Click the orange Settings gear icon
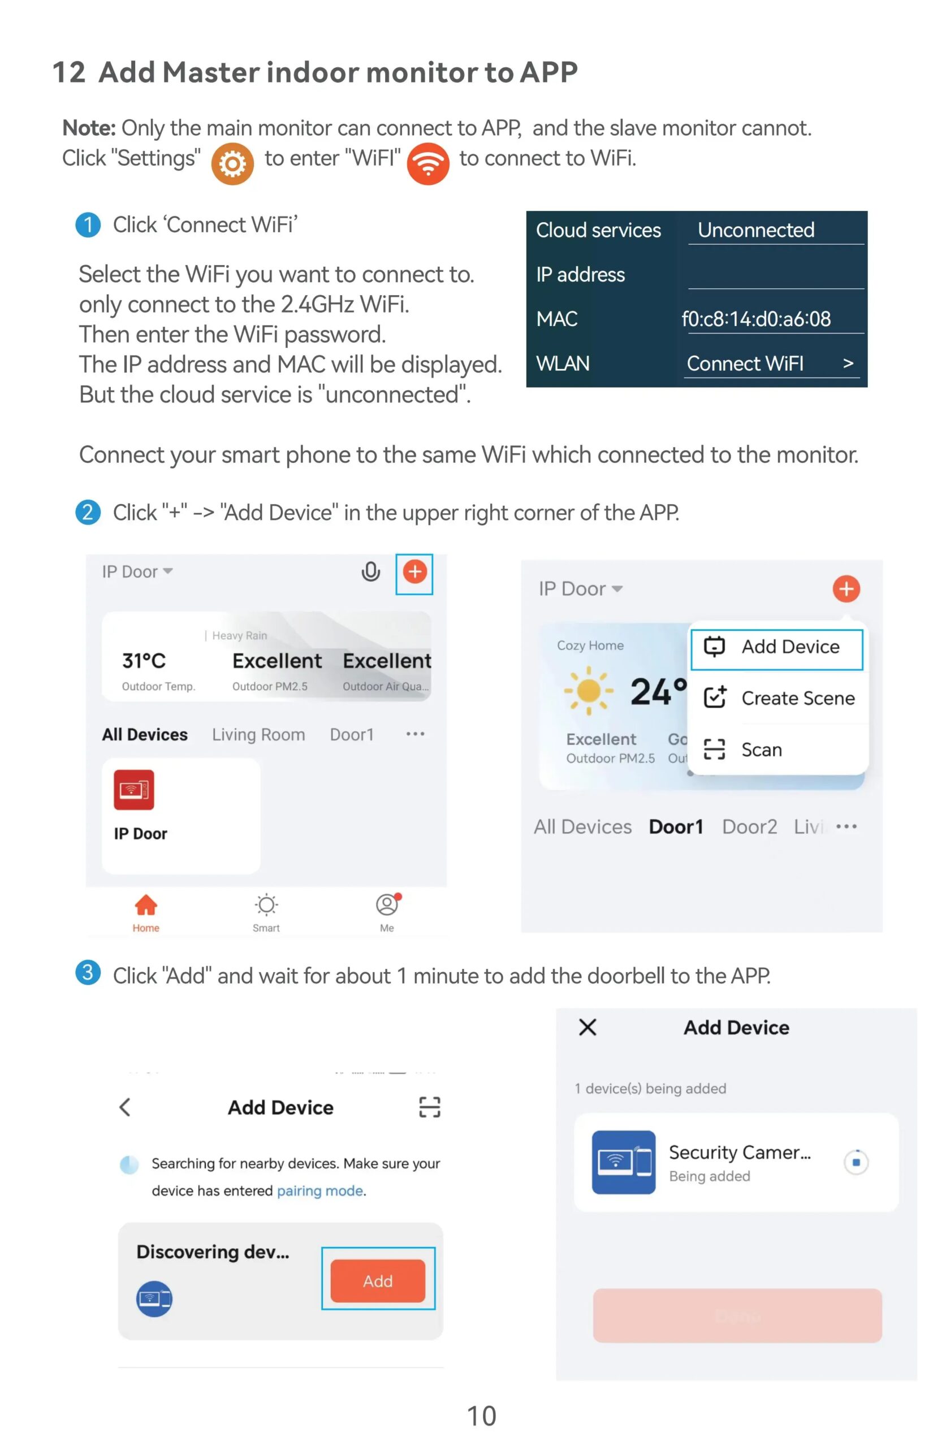pos(232,164)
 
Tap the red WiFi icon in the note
pos(427,163)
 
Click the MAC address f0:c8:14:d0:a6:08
pos(755,319)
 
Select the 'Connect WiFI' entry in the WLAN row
pos(745,363)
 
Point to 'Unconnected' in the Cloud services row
pos(755,230)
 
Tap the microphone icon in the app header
pos(370,571)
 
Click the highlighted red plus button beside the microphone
pos(415,571)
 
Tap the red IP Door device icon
pos(134,790)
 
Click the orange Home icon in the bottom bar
pos(146,906)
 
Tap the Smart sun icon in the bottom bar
pos(266,906)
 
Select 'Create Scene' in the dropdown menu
pos(797,698)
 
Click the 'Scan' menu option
pos(761,750)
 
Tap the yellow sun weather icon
pos(588,691)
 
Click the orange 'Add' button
pos(378,1281)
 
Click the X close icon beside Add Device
pos(588,1028)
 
